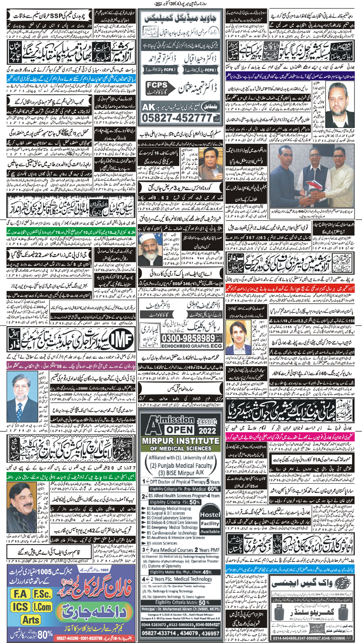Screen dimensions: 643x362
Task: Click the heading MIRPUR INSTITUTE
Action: tap(181, 452)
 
